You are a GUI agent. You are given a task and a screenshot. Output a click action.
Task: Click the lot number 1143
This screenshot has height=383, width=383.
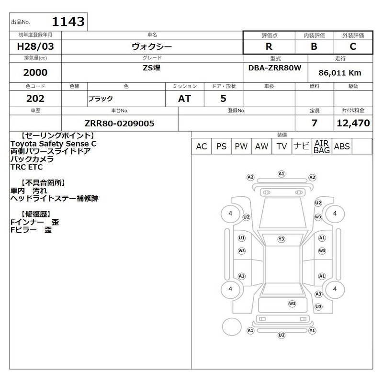pyautogui.click(x=68, y=22)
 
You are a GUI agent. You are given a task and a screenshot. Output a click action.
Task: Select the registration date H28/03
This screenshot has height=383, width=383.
pyautogui.click(x=35, y=46)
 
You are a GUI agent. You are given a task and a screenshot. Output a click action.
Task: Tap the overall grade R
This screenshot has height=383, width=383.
pyautogui.click(x=269, y=46)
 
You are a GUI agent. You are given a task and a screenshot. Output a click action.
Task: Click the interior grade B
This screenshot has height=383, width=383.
pyautogui.click(x=314, y=46)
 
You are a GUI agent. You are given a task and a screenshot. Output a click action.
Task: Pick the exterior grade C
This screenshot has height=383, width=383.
pyautogui.click(x=353, y=46)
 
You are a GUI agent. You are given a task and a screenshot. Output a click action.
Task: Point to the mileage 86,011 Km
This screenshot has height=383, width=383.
pyautogui.click(x=340, y=73)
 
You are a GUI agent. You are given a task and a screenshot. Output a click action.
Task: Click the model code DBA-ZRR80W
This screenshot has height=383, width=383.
pyautogui.click(x=275, y=68)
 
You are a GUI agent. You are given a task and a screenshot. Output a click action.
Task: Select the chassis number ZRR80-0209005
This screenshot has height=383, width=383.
pyautogui.click(x=119, y=124)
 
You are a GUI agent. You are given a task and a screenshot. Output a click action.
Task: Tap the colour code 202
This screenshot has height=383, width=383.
pyautogui.click(x=35, y=99)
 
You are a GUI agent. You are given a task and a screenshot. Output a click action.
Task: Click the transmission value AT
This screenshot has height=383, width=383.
pyautogui.click(x=184, y=99)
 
